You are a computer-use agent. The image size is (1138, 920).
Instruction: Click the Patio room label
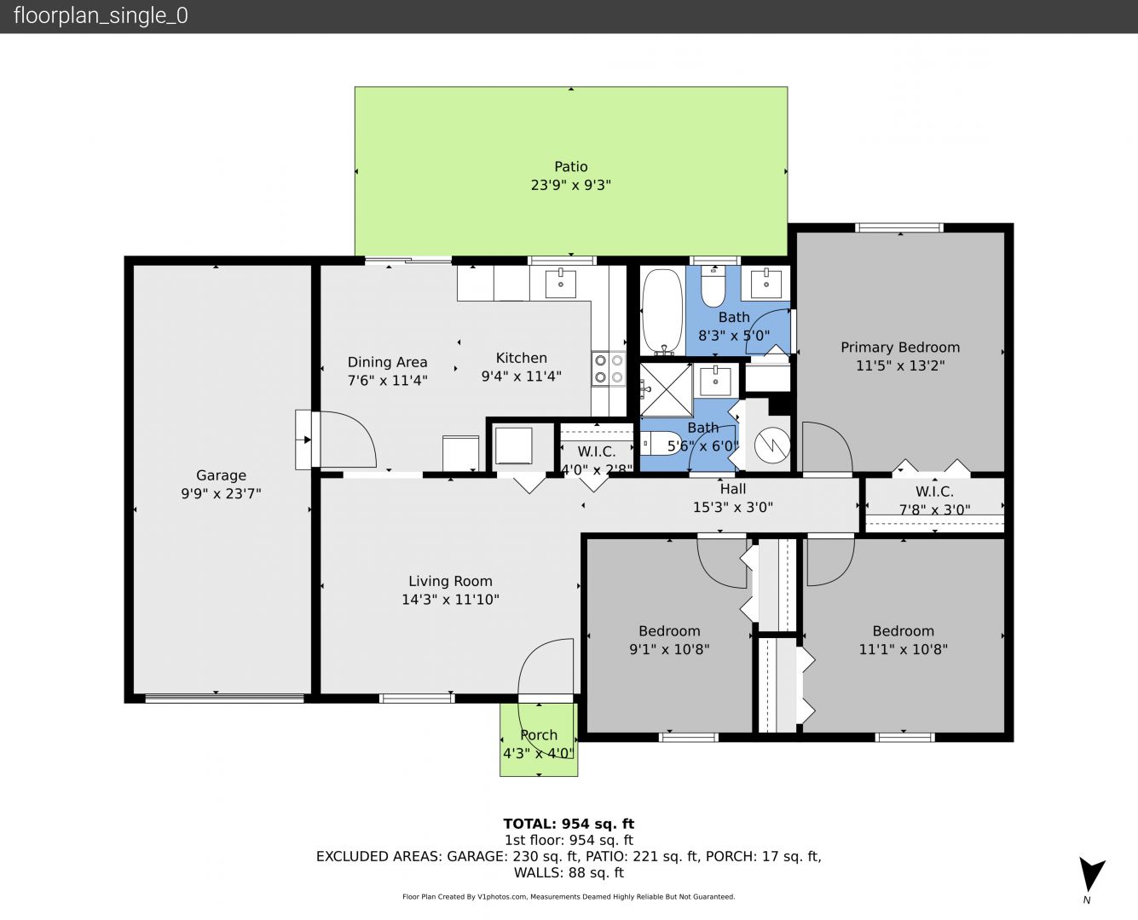pos(570,167)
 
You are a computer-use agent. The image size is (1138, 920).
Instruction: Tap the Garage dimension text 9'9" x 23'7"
pos(221,493)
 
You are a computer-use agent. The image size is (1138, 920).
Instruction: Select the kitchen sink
pos(560,284)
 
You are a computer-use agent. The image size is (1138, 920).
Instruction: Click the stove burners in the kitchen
pos(609,369)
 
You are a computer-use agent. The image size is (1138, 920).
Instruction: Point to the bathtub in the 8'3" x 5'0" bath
pos(662,311)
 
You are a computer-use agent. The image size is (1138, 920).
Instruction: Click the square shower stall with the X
pos(666,390)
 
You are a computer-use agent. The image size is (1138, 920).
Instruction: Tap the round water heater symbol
pos(772,446)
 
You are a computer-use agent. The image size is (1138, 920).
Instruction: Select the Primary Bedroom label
pos(900,348)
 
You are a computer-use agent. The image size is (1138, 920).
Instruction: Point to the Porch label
pos(539,735)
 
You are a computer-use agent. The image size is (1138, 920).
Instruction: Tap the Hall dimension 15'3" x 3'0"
pos(733,507)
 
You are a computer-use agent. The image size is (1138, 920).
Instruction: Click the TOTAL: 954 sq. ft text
pos(569,824)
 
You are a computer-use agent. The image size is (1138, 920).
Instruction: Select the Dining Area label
pos(387,363)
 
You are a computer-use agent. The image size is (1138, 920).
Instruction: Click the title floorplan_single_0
pos(101,16)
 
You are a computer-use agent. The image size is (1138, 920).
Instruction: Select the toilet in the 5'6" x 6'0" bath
pos(661,443)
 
